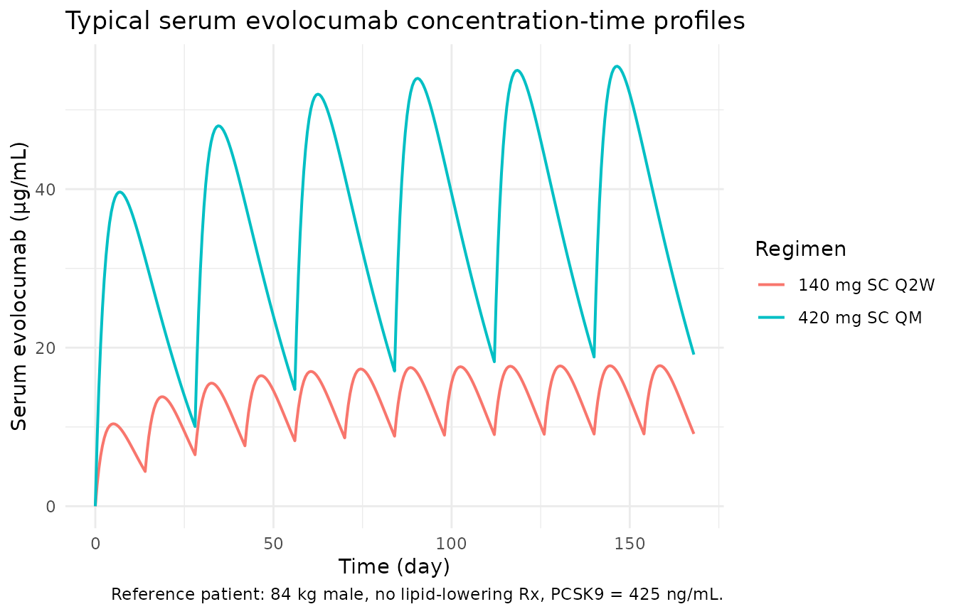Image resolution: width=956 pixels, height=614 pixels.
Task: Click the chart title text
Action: click(405, 21)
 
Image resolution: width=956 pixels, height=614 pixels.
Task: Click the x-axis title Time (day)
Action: click(393, 566)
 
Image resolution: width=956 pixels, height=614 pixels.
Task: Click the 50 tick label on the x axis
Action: click(273, 544)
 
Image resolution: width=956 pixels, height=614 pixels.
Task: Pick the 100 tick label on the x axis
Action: click(452, 544)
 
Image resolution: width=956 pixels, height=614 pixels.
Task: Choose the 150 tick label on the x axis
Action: click(630, 544)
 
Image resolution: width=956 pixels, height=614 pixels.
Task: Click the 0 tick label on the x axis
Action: click(95, 544)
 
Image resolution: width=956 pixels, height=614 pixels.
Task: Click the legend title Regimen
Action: click(800, 249)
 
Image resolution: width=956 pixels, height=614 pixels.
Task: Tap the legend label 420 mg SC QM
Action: click(860, 318)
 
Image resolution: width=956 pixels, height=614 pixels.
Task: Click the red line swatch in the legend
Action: click(771, 285)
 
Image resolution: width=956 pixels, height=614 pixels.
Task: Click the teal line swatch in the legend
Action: click(771, 318)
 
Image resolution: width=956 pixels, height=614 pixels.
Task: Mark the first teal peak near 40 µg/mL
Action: click(119, 191)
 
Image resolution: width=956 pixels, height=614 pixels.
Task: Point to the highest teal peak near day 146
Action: click(617, 66)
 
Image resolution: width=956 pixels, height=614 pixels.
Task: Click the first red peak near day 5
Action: click(113, 424)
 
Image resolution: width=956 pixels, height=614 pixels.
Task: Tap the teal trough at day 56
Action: click(294, 389)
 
